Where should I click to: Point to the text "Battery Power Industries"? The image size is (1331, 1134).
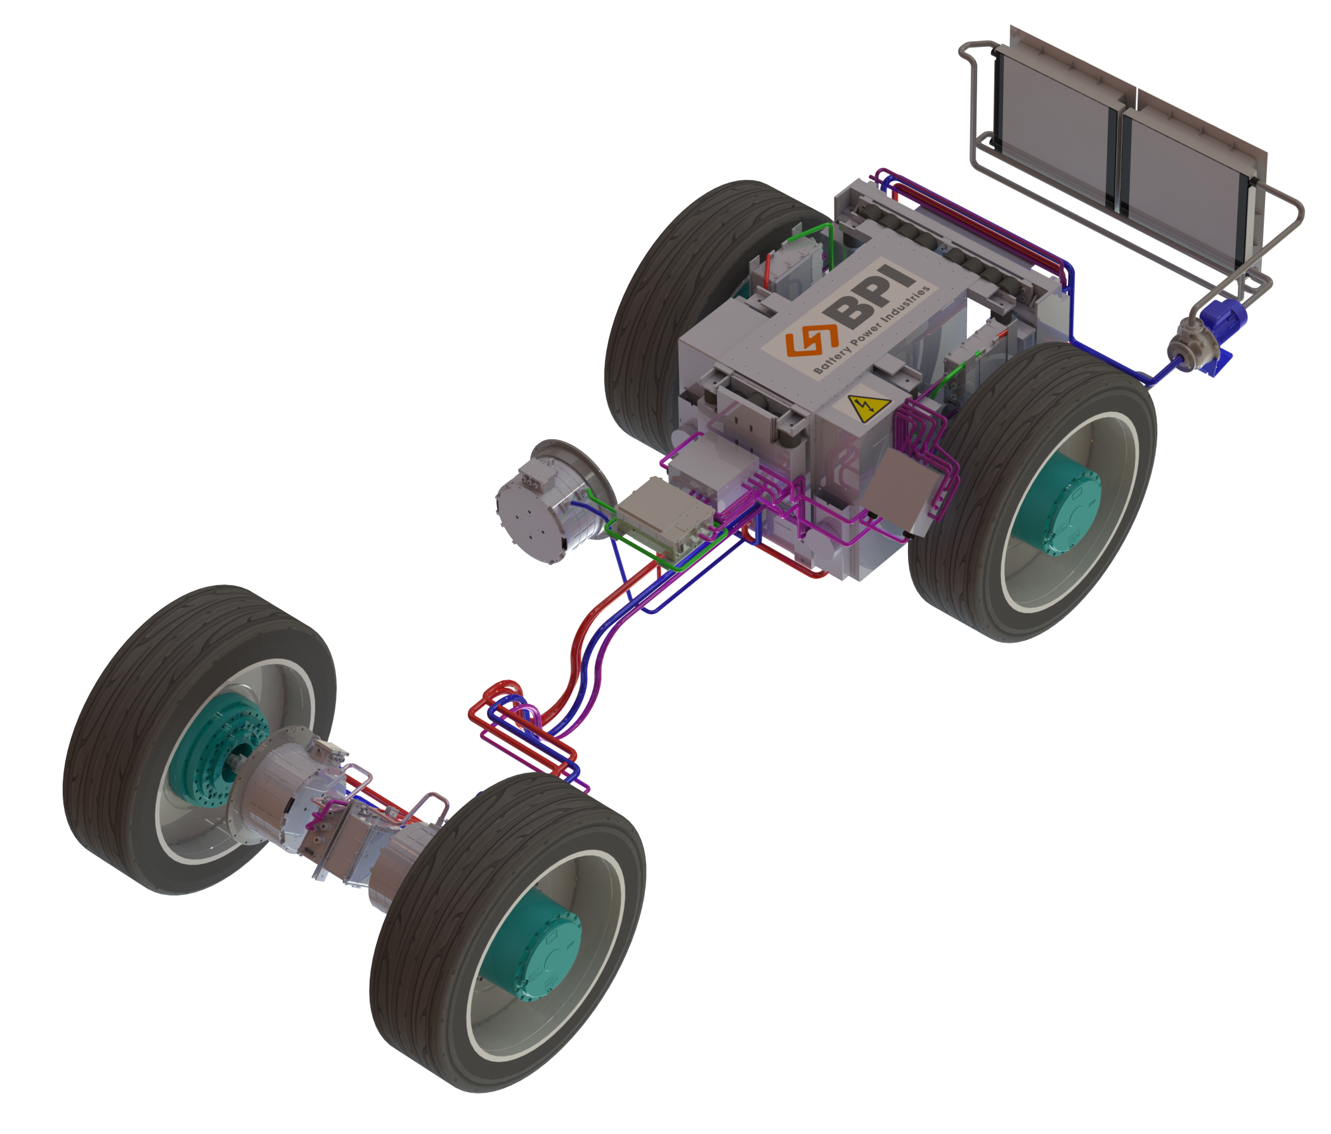(872, 330)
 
